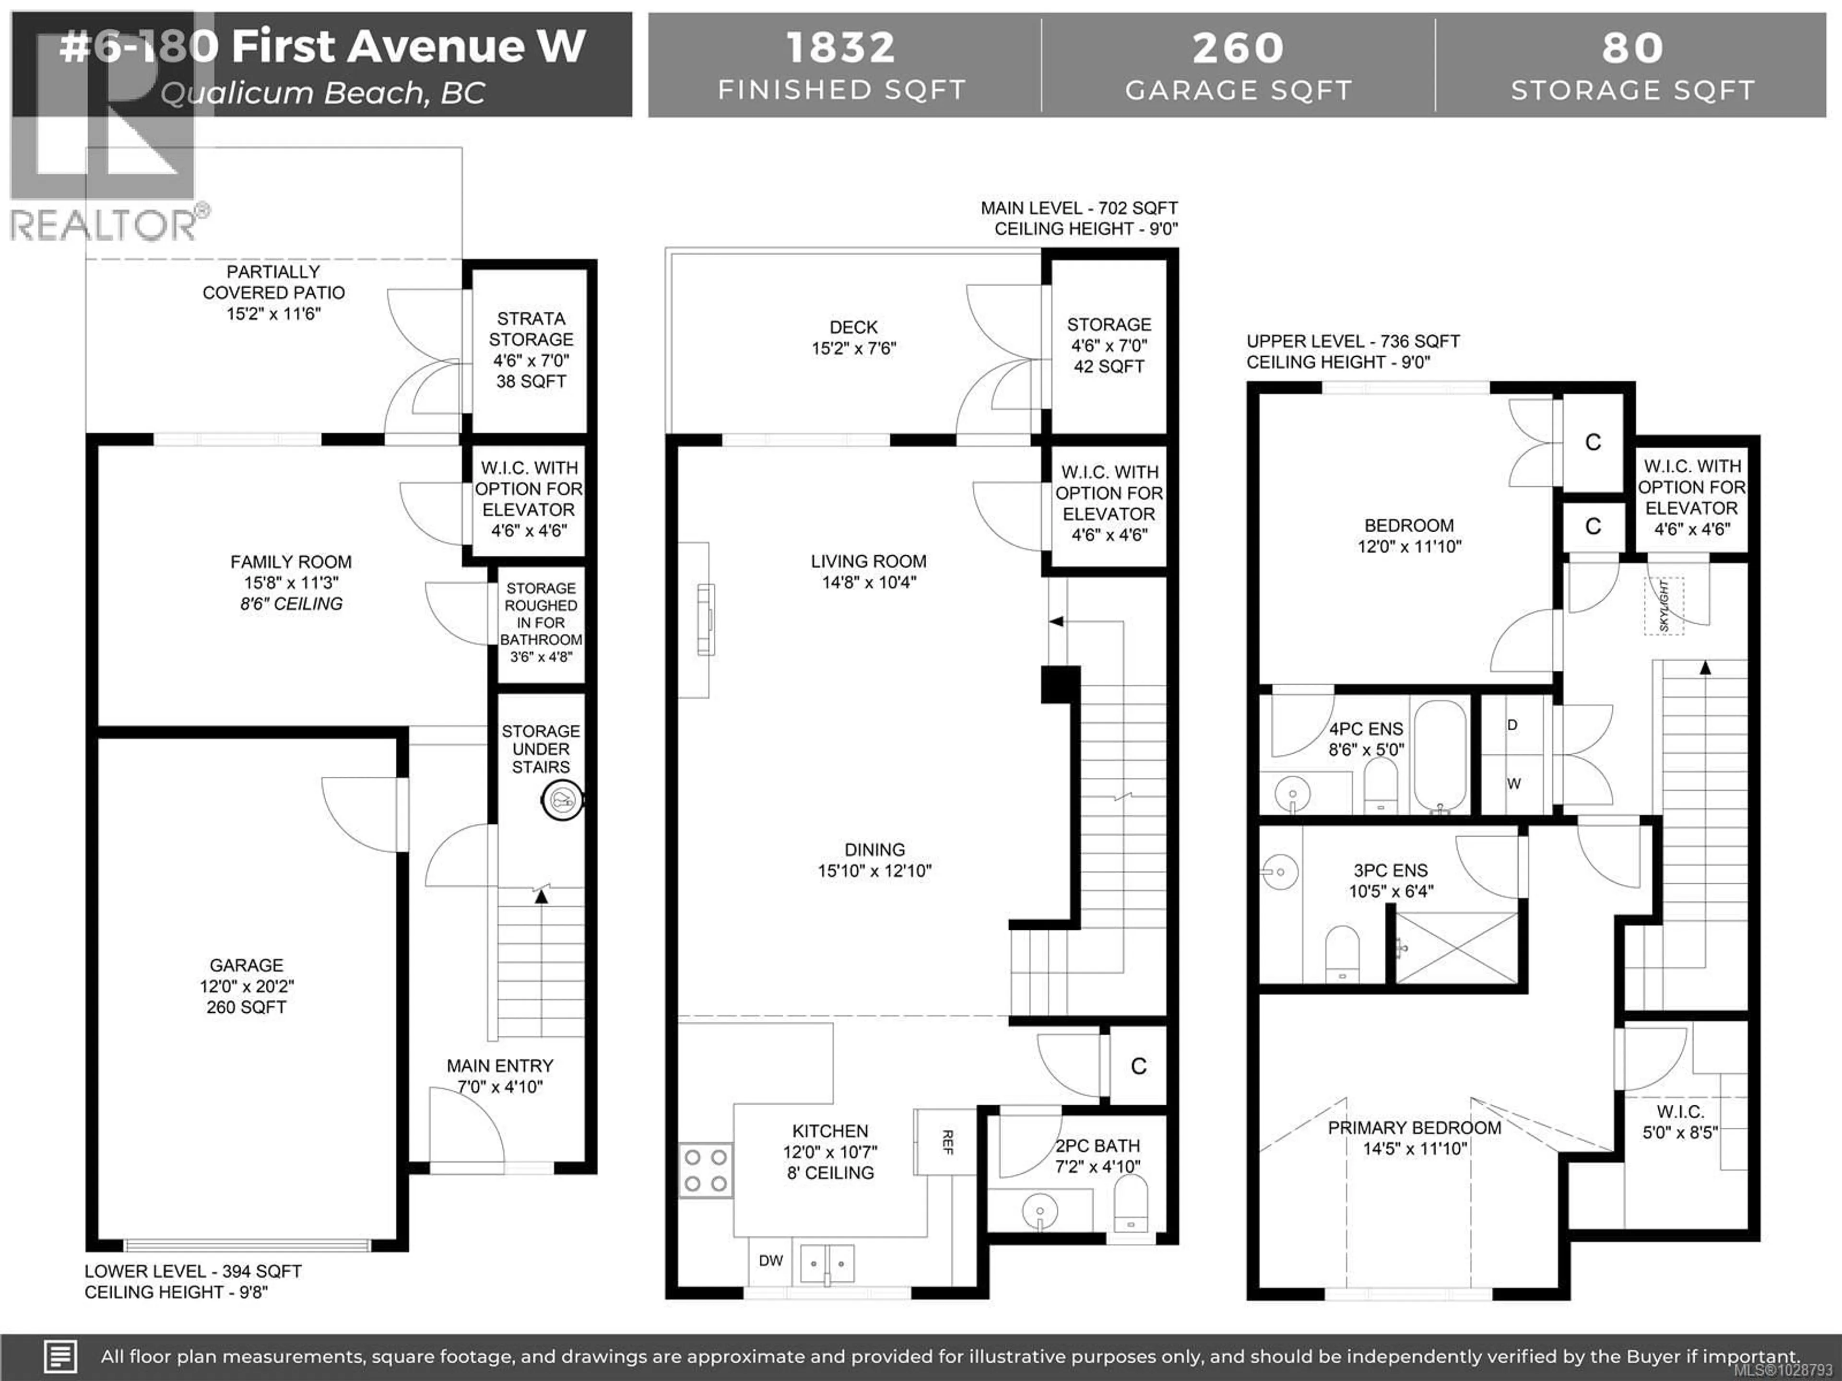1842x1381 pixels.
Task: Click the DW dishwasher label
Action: point(770,1260)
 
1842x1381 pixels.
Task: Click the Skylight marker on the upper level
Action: point(1663,606)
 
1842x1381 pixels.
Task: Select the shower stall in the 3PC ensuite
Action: point(1456,948)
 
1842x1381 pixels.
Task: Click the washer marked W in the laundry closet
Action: point(1514,784)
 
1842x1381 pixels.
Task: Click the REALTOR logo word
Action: point(104,225)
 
